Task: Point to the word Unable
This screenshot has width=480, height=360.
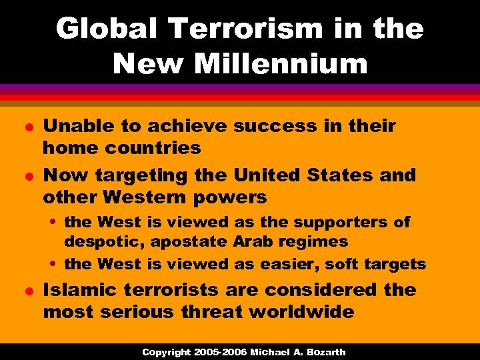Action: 75,126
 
